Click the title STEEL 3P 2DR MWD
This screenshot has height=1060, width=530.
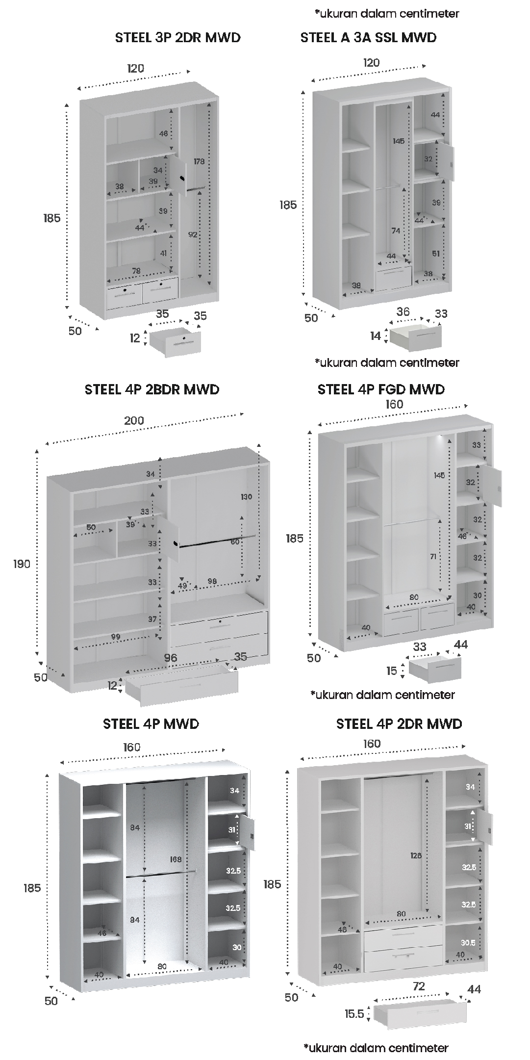point(177,38)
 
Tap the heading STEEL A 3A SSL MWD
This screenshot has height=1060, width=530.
point(368,38)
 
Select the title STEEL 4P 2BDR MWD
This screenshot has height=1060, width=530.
point(152,389)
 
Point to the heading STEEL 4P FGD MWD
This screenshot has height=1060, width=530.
point(381,389)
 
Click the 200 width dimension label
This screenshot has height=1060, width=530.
point(134,420)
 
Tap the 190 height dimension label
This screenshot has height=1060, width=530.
point(22,564)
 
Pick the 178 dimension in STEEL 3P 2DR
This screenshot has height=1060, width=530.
point(199,161)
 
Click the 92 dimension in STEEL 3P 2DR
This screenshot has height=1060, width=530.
point(193,235)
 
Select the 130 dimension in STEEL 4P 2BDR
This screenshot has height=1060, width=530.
point(246,497)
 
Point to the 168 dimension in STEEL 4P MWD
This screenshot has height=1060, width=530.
point(176,859)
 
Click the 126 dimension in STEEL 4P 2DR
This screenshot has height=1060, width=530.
point(416,856)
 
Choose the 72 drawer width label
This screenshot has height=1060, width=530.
point(419,986)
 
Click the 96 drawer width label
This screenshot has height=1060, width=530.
point(170,658)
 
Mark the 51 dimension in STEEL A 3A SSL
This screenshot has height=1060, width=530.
point(436,254)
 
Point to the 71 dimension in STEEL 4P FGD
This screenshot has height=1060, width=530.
point(433,557)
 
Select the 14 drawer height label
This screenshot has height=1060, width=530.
point(376,336)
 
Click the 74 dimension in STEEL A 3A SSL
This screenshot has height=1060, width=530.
point(396,231)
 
